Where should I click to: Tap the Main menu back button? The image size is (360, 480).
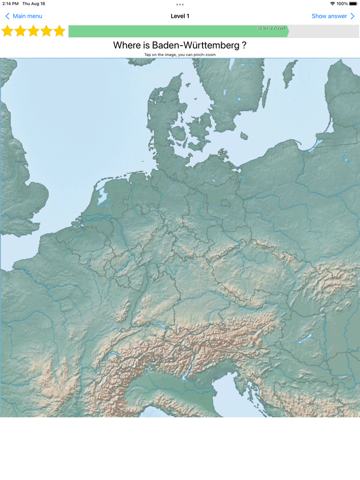point(24,16)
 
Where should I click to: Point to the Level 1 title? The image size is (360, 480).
point(180,16)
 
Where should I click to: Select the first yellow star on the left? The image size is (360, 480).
point(7,31)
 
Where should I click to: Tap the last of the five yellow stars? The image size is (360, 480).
point(60,31)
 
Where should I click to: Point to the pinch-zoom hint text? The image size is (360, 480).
point(180,54)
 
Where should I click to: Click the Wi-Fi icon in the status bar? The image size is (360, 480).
point(332,4)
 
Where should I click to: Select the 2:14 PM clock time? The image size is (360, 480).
point(10,4)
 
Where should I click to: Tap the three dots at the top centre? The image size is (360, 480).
point(180,5)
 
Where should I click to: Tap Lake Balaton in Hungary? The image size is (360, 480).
point(305,339)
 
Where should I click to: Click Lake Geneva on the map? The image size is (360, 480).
point(113,355)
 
